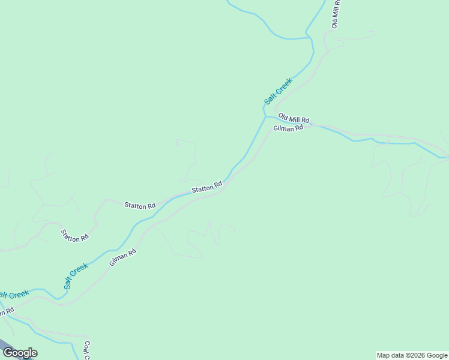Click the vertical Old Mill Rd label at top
click(x=337, y=13)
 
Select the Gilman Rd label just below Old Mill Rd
click(x=288, y=128)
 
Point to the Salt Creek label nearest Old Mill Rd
click(x=278, y=91)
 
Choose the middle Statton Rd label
click(x=140, y=205)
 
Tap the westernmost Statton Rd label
click(x=75, y=235)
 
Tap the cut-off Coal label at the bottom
click(x=86, y=350)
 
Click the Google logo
click(x=19, y=353)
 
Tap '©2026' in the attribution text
click(x=418, y=355)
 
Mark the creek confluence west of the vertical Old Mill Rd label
click(x=310, y=37)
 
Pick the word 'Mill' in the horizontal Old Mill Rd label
click(x=294, y=119)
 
